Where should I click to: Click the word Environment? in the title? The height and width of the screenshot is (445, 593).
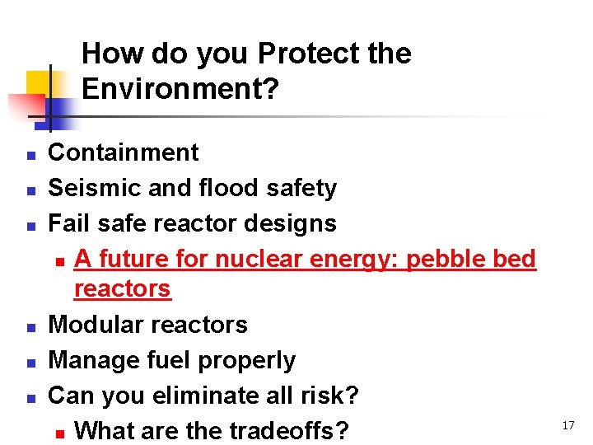(x=180, y=89)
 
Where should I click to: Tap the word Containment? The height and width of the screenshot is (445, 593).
(x=124, y=152)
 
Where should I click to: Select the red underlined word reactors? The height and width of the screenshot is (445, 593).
(x=122, y=288)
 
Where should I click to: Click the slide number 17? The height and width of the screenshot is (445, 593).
(x=567, y=425)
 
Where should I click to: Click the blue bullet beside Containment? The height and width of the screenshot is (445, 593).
(x=29, y=154)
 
